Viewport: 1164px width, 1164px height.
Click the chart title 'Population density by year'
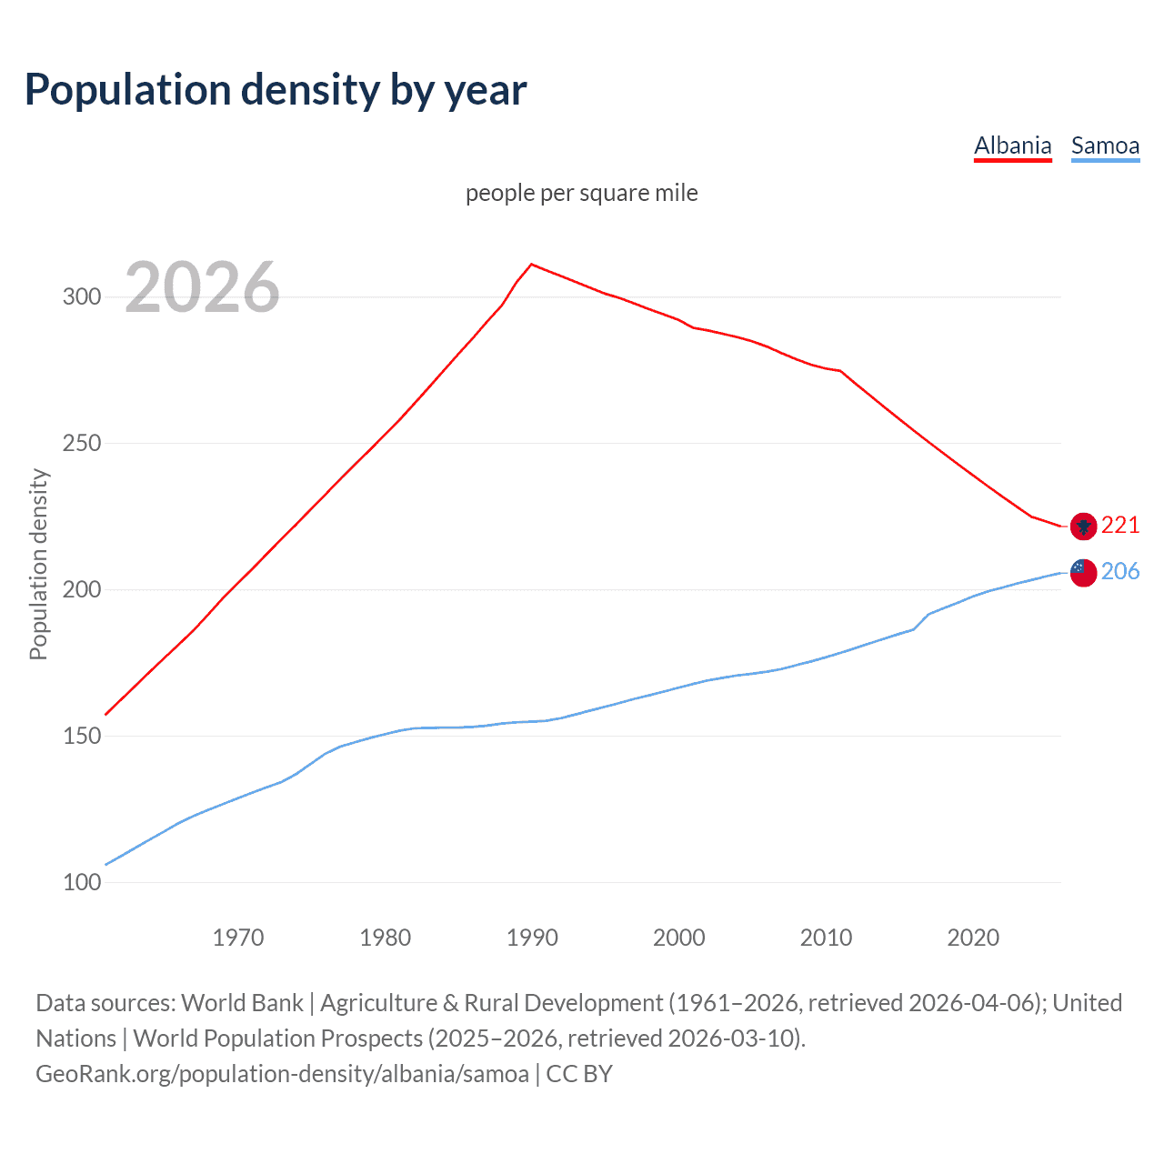(276, 90)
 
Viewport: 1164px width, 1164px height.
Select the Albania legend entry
(1012, 145)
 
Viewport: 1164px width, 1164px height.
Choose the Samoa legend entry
(1105, 145)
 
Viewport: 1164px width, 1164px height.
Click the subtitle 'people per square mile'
(581, 193)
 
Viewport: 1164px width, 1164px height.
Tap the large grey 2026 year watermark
(202, 287)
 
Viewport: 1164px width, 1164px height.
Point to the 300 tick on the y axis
(82, 297)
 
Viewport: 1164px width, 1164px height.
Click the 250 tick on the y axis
(82, 444)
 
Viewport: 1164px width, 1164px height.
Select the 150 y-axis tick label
(82, 737)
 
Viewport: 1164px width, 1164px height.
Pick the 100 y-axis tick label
(82, 883)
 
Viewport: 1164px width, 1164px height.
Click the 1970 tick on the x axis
(238, 938)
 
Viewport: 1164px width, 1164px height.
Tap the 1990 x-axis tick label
(532, 938)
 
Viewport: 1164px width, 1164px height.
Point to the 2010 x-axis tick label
(826, 938)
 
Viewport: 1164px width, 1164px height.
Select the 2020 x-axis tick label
(973, 938)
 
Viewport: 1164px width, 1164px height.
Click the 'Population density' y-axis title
(38, 564)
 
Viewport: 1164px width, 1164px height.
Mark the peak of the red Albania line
(532, 265)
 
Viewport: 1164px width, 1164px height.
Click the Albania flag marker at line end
(1083, 526)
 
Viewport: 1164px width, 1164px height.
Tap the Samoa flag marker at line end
(1083, 572)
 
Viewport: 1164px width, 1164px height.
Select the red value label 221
(1120, 525)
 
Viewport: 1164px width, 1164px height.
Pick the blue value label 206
(1120, 571)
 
